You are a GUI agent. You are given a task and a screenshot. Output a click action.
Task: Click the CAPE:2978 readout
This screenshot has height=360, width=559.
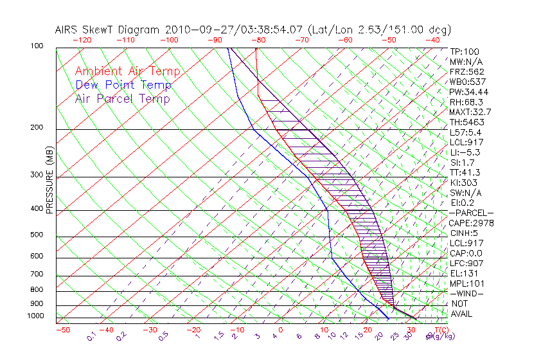tap(471, 223)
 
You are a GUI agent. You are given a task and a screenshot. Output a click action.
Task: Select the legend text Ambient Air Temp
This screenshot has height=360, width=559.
tap(127, 71)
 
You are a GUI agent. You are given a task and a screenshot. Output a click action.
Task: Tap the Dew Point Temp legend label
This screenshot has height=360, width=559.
tap(123, 85)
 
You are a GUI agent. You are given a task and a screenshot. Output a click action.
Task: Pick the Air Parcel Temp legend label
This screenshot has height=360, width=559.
tap(122, 98)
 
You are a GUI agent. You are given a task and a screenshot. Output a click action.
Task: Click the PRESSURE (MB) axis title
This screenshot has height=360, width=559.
tap(50, 181)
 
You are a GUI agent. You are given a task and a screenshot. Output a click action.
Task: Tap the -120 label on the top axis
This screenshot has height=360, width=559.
tap(82, 40)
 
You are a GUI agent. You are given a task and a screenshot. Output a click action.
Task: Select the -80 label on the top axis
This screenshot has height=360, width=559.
tap(258, 40)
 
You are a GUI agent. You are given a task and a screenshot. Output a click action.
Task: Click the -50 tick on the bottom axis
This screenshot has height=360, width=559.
tap(62, 330)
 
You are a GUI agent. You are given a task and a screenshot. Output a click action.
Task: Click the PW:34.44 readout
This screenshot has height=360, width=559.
tap(469, 92)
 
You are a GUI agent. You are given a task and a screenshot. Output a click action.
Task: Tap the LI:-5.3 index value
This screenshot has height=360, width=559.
tap(465, 152)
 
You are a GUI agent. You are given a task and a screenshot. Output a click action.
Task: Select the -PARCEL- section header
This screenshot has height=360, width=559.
tap(472, 213)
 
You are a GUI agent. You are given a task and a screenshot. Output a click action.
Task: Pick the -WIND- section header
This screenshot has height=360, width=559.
tap(467, 293)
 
